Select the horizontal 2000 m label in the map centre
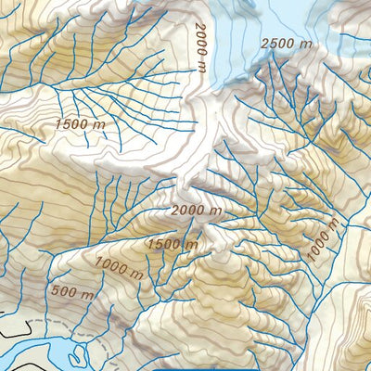coord(197,211)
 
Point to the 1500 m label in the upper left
coord(83,123)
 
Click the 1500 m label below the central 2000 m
coord(171,243)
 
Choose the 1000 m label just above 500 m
coord(118,269)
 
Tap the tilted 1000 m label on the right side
coord(323,240)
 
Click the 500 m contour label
coord(73,294)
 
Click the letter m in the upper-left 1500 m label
coord(105,123)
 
